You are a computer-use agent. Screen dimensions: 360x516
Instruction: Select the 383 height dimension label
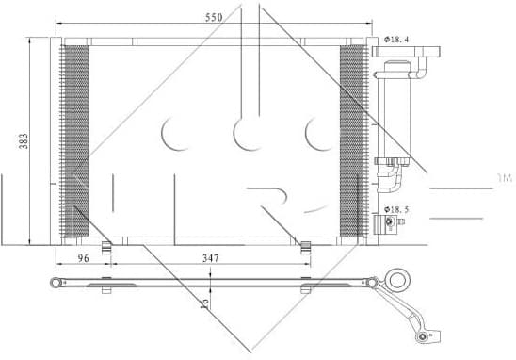[x=24, y=139]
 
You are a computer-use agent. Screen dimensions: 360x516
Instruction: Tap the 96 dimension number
[x=82, y=255]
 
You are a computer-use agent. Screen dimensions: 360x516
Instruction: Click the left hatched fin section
[x=75, y=139]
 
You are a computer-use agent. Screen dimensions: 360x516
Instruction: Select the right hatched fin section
[x=352, y=139]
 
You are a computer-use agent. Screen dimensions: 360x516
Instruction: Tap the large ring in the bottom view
[x=398, y=280]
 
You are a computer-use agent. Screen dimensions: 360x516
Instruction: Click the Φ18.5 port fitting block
[x=388, y=222]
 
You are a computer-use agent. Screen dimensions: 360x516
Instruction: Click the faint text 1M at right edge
[x=504, y=177]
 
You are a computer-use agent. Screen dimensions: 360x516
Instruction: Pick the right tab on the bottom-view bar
[x=305, y=284]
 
